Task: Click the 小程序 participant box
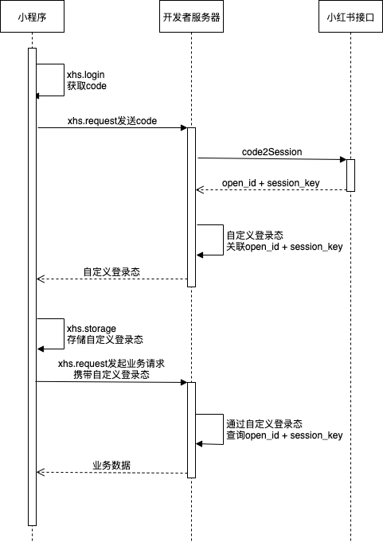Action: point(32,17)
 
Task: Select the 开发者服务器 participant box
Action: point(191,17)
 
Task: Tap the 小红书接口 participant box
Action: point(350,17)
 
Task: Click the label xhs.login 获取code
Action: point(87,80)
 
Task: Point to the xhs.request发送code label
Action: point(112,121)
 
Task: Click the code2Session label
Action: point(272,152)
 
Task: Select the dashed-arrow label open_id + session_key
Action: point(271,183)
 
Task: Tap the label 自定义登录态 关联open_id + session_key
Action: point(284,241)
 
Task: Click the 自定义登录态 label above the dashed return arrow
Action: point(111,271)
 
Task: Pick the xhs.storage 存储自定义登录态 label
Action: point(105,334)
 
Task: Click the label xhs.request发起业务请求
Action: point(111,364)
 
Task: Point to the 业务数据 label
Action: point(111,466)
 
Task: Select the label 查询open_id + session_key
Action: point(284,435)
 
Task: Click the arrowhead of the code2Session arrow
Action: point(343,159)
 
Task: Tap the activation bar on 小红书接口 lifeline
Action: point(350,175)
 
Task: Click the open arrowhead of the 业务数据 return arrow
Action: point(41,472)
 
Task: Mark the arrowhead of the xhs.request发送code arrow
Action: point(184,128)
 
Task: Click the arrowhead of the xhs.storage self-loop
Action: point(41,349)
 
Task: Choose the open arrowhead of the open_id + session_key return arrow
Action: point(200,189)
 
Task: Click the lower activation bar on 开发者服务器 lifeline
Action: point(191,430)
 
